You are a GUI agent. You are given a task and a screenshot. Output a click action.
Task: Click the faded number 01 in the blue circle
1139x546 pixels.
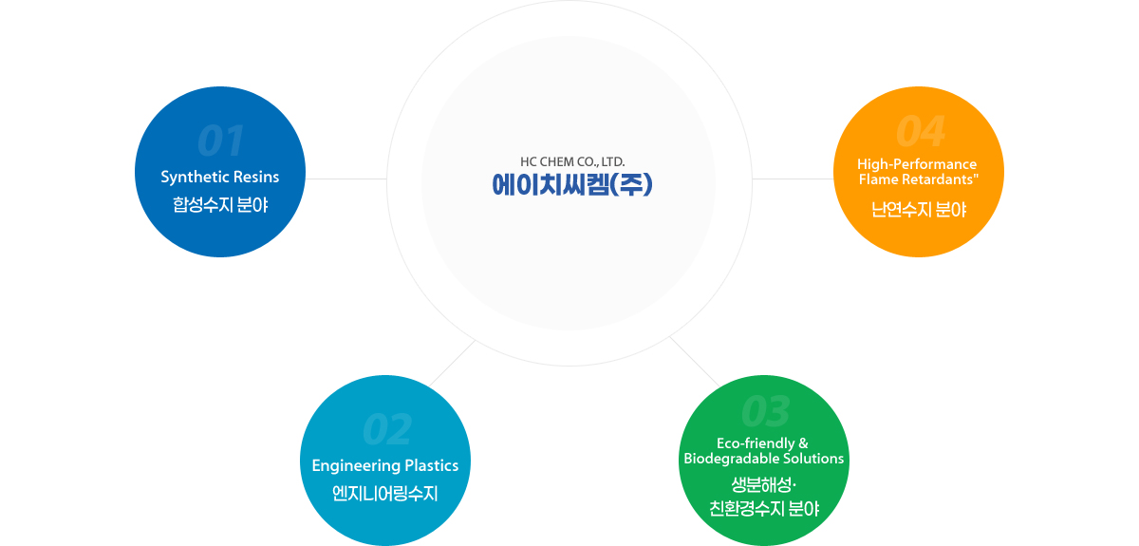(x=220, y=141)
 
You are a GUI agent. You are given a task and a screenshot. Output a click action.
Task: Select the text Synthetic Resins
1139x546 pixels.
(x=220, y=177)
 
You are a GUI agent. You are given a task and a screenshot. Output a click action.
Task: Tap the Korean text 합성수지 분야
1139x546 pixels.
(x=220, y=204)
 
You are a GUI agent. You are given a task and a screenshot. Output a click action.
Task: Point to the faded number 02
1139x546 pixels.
(x=387, y=429)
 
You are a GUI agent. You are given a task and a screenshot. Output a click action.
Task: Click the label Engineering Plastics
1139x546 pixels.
(x=385, y=465)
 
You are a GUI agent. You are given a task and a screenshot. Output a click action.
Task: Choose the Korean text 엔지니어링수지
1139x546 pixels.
(x=385, y=493)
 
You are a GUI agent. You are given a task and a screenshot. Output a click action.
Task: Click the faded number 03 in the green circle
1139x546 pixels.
(x=766, y=411)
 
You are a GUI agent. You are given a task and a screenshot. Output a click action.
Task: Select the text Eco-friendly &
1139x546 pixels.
(x=762, y=443)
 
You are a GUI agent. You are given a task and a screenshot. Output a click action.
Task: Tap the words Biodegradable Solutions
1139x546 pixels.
(x=764, y=459)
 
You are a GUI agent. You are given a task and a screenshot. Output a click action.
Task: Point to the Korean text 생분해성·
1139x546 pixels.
(x=763, y=484)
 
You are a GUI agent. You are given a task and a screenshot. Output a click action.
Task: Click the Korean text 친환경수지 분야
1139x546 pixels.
(x=764, y=508)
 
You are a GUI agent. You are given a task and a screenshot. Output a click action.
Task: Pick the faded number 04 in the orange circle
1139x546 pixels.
(x=921, y=131)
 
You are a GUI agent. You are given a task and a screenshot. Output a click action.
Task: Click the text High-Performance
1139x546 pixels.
(x=917, y=164)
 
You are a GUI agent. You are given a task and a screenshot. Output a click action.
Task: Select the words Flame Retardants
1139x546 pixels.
(x=916, y=179)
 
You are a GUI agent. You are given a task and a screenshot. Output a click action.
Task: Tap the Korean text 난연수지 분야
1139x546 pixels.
(x=919, y=210)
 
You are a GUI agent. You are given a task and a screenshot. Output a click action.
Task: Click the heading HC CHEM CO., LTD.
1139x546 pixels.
(x=572, y=161)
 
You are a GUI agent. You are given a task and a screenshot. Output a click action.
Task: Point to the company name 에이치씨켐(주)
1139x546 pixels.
(x=572, y=185)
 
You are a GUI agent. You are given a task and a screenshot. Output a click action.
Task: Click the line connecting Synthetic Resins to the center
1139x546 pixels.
(x=346, y=179)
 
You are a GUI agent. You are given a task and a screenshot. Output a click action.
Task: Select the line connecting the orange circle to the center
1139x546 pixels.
(x=793, y=179)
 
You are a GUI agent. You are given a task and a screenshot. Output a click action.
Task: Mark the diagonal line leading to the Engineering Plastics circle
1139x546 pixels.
(x=452, y=364)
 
